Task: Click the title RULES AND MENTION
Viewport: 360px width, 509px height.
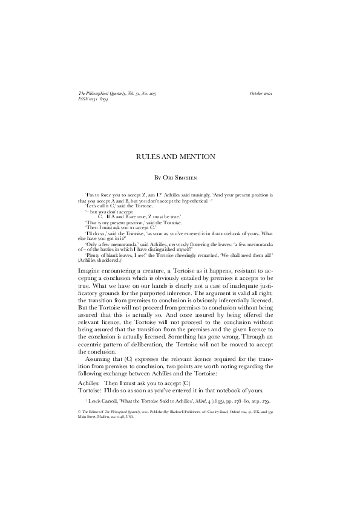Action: click(180, 157)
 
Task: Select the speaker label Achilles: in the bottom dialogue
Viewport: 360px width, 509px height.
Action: click(90, 383)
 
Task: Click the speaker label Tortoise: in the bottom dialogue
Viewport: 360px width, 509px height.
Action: click(91, 391)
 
